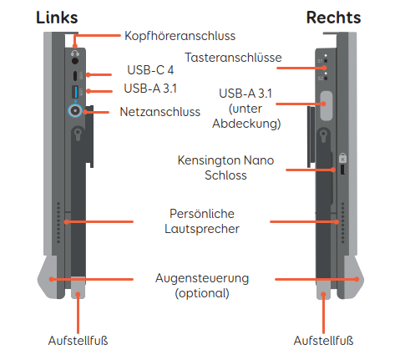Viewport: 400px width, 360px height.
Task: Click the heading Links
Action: point(57,18)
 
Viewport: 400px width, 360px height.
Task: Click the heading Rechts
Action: point(333,18)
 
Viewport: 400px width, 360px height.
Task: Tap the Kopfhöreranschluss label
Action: point(180,36)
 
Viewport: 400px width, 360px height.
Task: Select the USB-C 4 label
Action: point(150,70)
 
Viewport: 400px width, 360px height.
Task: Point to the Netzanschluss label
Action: point(160,112)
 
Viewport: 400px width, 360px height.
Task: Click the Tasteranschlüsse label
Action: point(233,58)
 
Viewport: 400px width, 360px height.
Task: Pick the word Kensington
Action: point(209,160)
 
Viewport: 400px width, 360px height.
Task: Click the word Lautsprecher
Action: point(202,229)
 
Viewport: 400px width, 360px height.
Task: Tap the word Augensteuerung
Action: point(202,278)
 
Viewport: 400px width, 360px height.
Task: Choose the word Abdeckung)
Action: point(246,124)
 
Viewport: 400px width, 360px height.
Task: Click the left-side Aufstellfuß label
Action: point(78,341)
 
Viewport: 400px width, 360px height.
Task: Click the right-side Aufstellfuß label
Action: point(323,341)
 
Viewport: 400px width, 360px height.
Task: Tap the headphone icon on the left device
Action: point(75,53)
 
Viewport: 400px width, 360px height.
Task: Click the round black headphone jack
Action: point(75,61)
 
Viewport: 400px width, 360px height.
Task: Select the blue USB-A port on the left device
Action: point(75,92)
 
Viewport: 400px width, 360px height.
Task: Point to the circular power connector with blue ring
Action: point(75,111)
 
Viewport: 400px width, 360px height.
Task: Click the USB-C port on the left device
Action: point(75,75)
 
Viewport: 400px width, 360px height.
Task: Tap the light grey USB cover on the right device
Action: point(327,106)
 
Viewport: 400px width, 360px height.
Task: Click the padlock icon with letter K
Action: point(342,158)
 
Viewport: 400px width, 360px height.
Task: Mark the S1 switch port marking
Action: point(322,61)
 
